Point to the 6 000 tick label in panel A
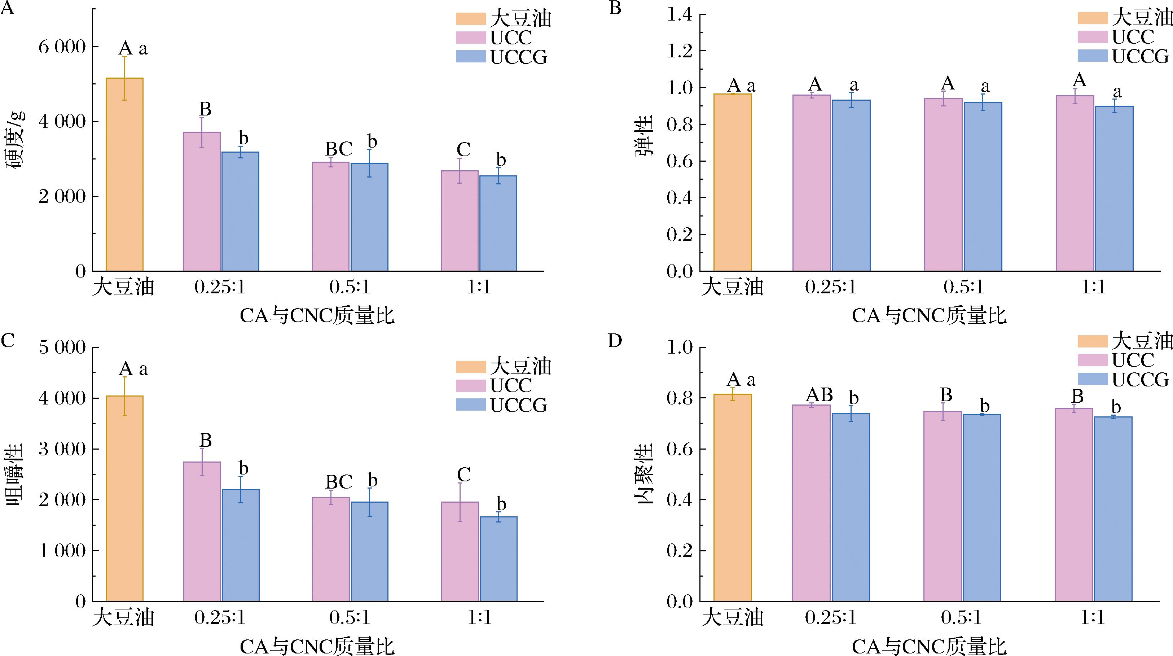(x=62, y=47)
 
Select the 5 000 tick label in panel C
(x=62, y=347)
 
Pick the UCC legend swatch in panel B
(x=1092, y=37)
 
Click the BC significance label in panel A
(x=338, y=149)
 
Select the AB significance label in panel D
(x=819, y=394)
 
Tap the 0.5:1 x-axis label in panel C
(x=350, y=618)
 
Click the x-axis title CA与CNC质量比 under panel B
(x=929, y=316)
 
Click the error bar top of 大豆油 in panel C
(x=124, y=377)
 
